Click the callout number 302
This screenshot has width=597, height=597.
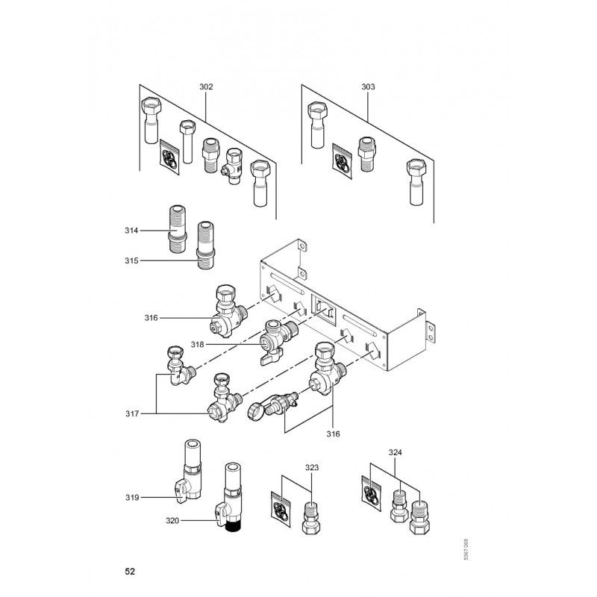point(206,87)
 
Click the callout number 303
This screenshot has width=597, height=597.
point(368,87)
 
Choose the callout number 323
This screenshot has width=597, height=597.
point(312,467)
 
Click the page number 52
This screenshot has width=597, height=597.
point(130,572)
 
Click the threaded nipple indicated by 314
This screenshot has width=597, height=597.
point(179,231)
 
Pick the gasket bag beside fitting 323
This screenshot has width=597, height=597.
point(281,510)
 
